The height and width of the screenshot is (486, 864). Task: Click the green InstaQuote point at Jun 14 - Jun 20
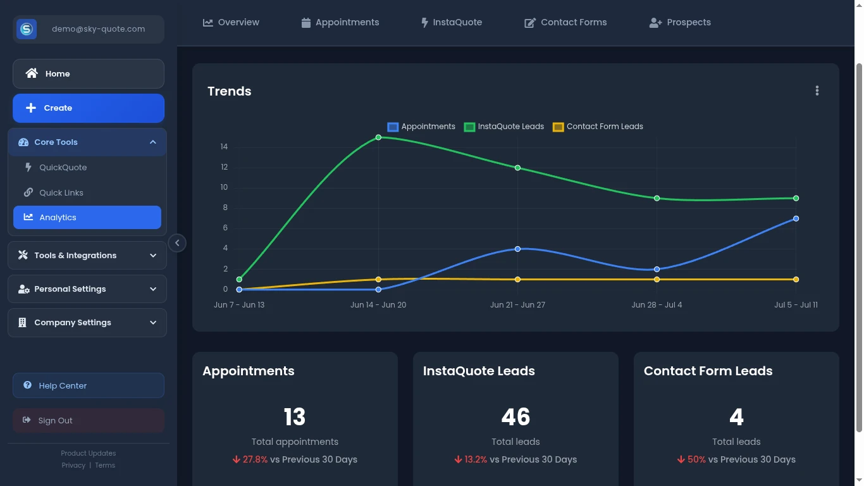[378, 137]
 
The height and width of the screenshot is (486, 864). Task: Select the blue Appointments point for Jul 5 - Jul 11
[796, 218]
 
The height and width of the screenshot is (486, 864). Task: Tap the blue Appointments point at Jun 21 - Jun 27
[517, 249]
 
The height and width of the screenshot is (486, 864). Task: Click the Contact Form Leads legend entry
[598, 127]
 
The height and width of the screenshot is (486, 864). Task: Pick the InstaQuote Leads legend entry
[504, 127]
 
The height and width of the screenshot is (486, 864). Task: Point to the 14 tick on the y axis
[224, 147]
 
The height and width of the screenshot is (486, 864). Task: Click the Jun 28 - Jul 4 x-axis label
[657, 305]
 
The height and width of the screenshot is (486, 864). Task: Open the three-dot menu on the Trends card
[817, 91]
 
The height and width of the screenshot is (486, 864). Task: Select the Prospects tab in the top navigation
[680, 22]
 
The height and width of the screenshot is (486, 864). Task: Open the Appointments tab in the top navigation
[340, 22]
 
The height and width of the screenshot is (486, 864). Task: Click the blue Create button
[89, 108]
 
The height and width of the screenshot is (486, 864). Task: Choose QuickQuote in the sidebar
[63, 168]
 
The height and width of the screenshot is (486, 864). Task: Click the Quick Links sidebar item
[61, 193]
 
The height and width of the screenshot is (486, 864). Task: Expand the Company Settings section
[87, 323]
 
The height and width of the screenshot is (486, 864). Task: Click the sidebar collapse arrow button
[177, 243]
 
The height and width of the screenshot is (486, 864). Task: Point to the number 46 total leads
[515, 417]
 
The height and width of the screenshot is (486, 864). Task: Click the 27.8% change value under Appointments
[255, 459]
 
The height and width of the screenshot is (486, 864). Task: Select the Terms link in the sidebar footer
[105, 466]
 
